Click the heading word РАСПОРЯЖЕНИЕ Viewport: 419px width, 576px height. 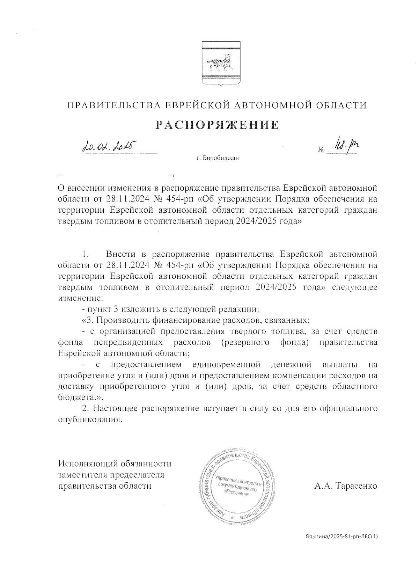(x=217, y=125)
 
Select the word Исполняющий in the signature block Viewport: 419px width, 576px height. (x=89, y=464)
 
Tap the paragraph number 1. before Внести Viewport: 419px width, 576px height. (x=86, y=253)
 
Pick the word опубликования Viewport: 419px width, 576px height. (x=90, y=420)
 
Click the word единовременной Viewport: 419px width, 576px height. (x=226, y=365)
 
